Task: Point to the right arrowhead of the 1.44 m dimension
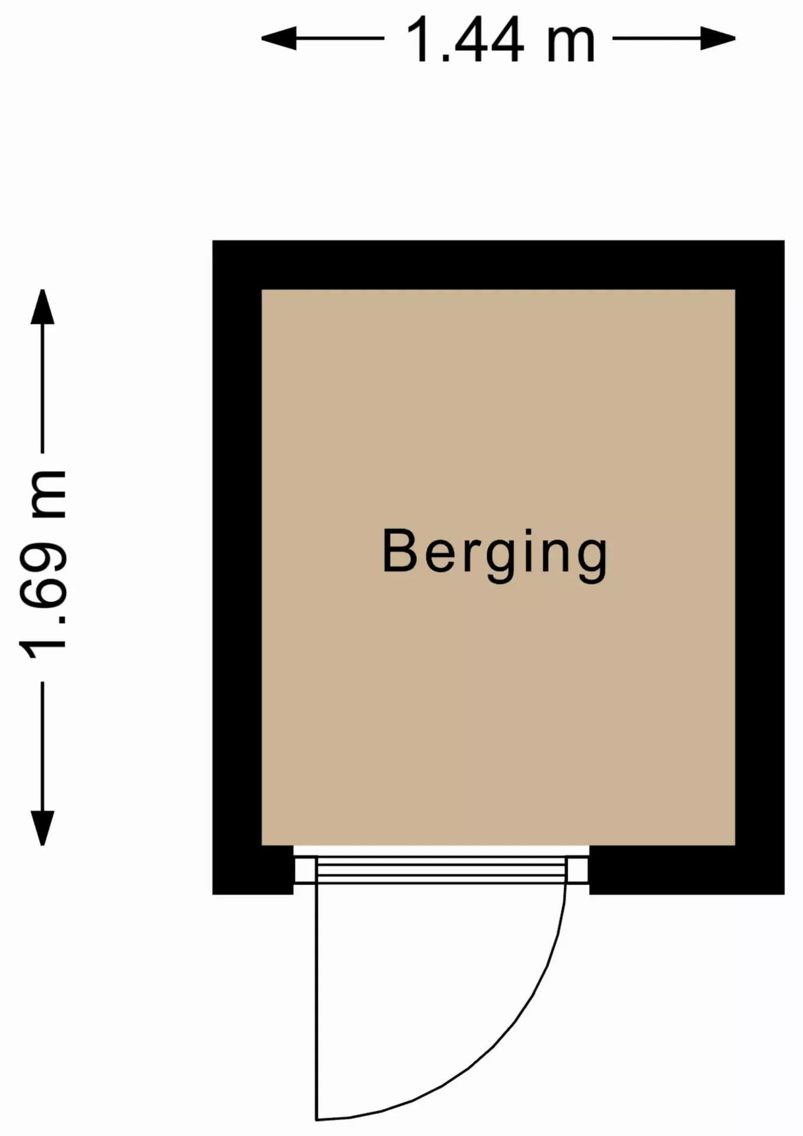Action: [718, 38]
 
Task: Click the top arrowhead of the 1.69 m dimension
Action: [43, 306]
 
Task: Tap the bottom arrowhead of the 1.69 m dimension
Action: [43, 828]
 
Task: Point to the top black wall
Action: [498, 265]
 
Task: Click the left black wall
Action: [237, 567]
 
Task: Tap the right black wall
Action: [760, 567]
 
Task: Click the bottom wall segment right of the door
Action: [687, 870]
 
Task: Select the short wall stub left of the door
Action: [253, 870]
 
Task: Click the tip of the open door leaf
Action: [317, 1120]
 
